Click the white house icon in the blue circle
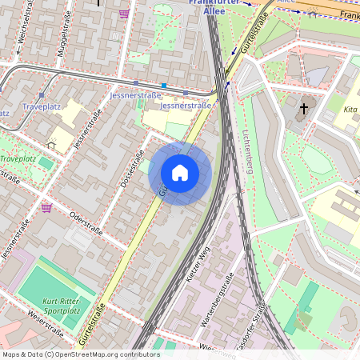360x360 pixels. [180, 172]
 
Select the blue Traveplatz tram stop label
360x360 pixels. [42, 106]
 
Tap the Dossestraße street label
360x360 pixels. [130, 168]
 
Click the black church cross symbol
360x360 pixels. [304, 107]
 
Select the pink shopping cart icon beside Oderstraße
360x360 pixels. [46, 208]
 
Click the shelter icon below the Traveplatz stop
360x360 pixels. [52, 145]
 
